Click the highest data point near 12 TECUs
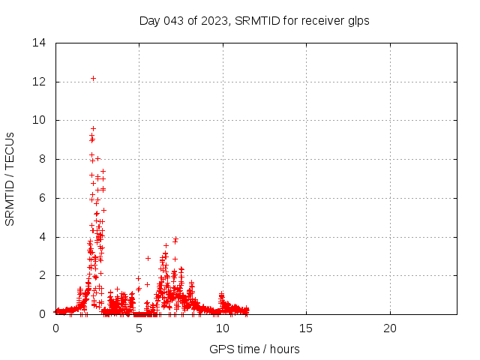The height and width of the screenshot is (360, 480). pyautogui.click(x=93, y=78)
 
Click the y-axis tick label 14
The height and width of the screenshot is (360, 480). pyautogui.click(x=40, y=43)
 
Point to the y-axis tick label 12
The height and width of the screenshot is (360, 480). pyautogui.click(x=40, y=82)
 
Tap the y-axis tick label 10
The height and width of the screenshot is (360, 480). pyautogui.click(x=40, y=120)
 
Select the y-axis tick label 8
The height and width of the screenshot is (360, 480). pyautogui.click(x=43, y=159)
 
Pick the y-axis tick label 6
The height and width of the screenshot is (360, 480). pyautogui.click(x=43, y=198)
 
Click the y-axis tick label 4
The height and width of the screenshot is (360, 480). pyautogui.click(x=43, y=237)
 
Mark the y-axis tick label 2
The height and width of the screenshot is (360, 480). pyautogui.click(x=43, y=275)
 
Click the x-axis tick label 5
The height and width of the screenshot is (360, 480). pyautogui.click(x=139, y=328)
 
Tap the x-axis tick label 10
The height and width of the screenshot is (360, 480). pyautogui.click(x=223, y=328)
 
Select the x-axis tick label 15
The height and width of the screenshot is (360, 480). pyautogui.click(x=306, y=328)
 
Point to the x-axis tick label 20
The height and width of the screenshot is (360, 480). pyautogui.click(x=390, y=328)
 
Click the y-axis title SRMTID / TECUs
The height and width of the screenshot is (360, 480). pyautogui.click(x=10, y=178)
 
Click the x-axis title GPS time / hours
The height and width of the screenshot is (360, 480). pyautogui.click(x=255, y=349)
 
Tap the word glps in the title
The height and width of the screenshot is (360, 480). pyautogui.click(x=357, y=20)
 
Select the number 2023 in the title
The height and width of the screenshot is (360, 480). pyautogui.click(x=214, y=20)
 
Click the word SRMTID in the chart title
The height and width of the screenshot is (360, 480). pyautogui.click(x=257, y=20)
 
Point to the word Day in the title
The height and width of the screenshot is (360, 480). pyautogui.click(x=149, y=20)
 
